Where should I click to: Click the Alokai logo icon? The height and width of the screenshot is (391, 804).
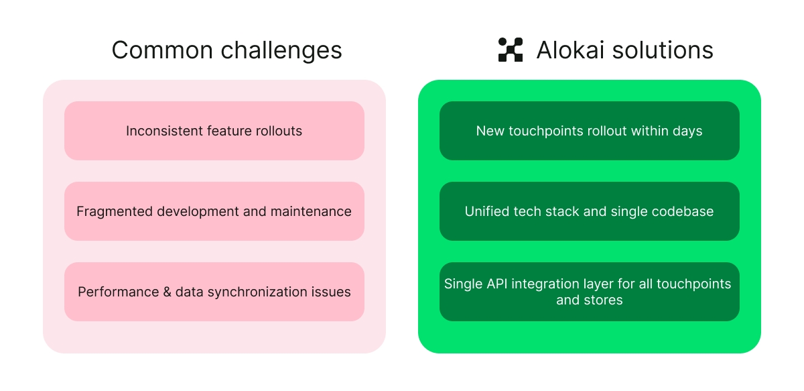[x=511, y=50]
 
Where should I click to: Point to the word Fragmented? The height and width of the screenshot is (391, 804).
[x=115, y=211]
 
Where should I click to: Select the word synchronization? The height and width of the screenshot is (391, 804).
[x=263, y=292]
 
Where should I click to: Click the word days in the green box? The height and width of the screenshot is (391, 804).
[x=687, y=131]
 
